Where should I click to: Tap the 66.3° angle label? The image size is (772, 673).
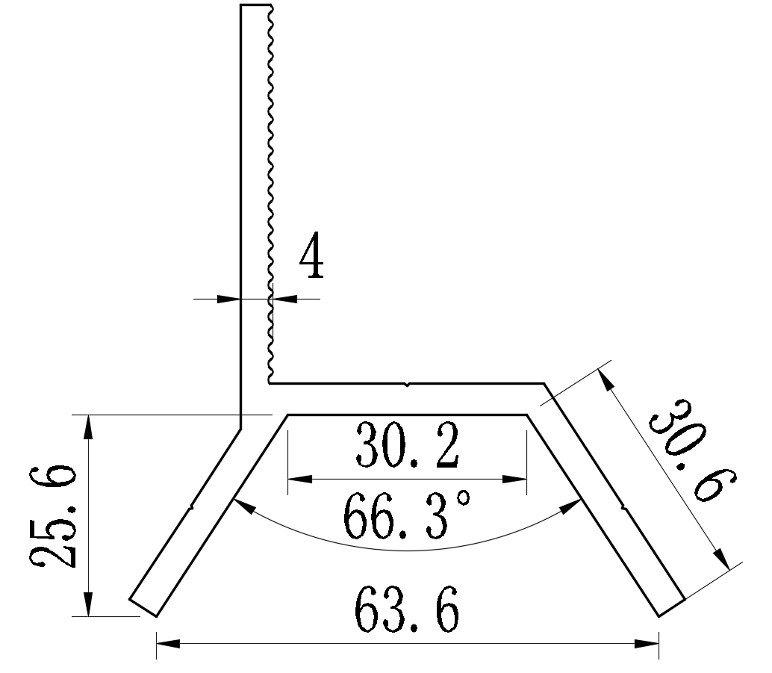(407, 517)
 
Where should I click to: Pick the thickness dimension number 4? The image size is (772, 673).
(311, 261)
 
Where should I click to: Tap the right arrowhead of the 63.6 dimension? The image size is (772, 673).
(649, 642)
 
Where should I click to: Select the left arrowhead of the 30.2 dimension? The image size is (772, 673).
(297, 479)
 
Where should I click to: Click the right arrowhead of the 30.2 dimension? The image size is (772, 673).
(517, 479)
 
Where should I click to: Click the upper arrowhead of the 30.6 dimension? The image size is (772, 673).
(608, 380)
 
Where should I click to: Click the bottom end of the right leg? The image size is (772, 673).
(671, 607)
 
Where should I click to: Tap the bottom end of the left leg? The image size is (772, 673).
(143, 608)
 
